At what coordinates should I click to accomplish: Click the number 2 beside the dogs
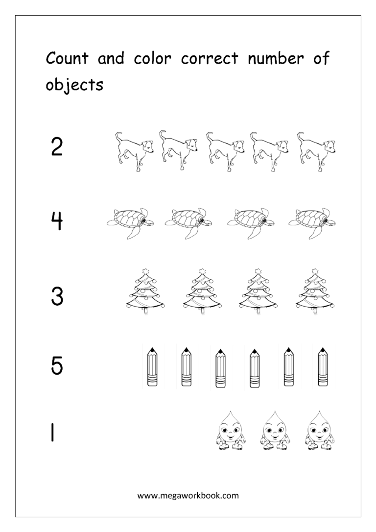pos(57,147)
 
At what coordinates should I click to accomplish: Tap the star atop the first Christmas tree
pos(145,270)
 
